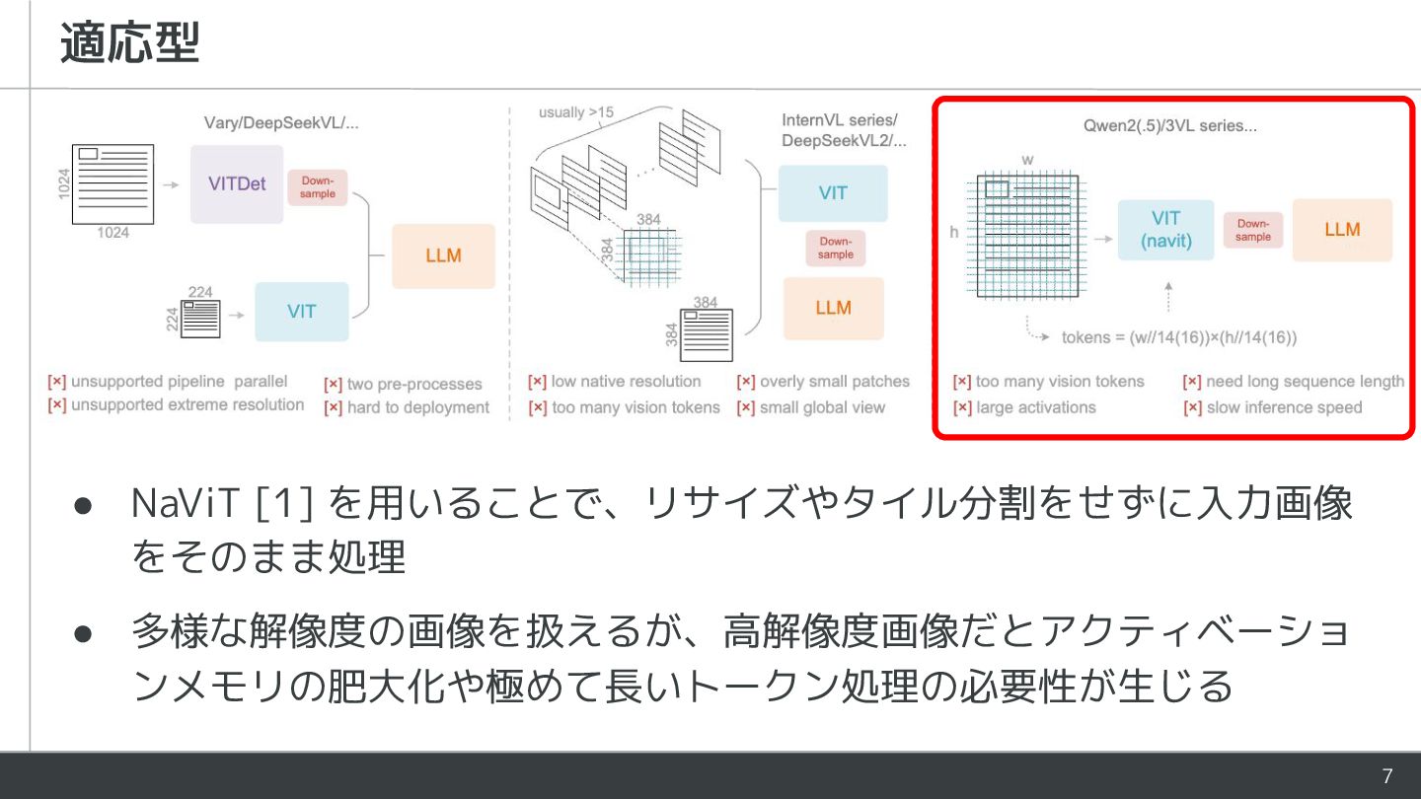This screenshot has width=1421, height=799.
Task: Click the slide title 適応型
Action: (129, 43)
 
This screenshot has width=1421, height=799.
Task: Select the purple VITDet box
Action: (237, 183)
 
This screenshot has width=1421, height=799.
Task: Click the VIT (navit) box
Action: (1165, 230)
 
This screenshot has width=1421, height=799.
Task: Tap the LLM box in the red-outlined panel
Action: (1342, 230)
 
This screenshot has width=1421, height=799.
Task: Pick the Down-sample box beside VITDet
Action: (317, 187)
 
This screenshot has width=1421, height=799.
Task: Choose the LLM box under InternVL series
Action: (833, 309)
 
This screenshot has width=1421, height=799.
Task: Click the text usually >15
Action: (575, 112)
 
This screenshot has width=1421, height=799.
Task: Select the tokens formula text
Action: (1179, 337)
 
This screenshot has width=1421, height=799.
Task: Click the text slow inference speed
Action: (1283, 407)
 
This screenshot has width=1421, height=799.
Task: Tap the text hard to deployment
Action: (417, 407)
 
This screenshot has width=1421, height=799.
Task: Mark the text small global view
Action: (822, 407)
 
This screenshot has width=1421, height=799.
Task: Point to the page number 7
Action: (1387, 776)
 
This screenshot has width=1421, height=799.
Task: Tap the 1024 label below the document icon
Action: (112, 234)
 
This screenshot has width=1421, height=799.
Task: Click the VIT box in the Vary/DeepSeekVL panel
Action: (301, 312)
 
